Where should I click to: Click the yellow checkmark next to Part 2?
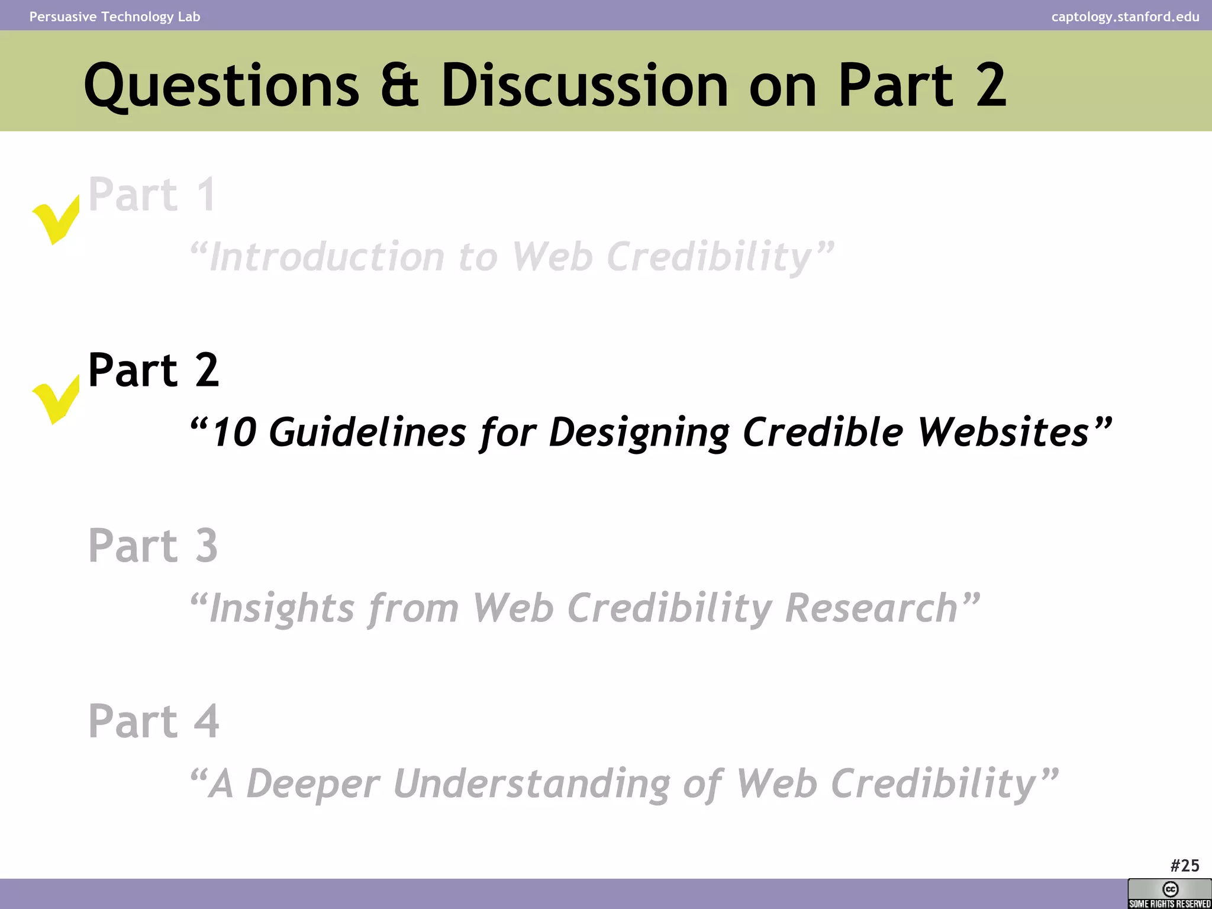pyautogui.click(x=55, y=400)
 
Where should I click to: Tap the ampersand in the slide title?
pyautogui.click(x=399, y=86)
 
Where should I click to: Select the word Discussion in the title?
pyautogui.click(x=584, y=86)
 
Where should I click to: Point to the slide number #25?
pyautogui.click(x=1184, y=866)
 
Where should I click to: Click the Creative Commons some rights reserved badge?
pyautogui.click(x=1169, y=894)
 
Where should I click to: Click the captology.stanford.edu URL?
pyautogui.click(x=1125, y=17)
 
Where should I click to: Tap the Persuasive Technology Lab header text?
pyautogui.click(x=115, y=17)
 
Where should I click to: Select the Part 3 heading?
pyautogui.click(x=153, y=545)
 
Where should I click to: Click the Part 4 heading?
pyautogui.click(x=153, y=721)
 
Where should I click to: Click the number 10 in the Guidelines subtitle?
pyautogui.click(x=234, y=432)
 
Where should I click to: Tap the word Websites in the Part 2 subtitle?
pyautogui.click(x=1003, y=432)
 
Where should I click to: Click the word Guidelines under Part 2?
pyautogui.click(x=367, y=432)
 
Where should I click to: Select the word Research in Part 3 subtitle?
pyautogui.click(x=871, y=608)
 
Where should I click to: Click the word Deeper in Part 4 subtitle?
pyautogui.click(x=312, y=784)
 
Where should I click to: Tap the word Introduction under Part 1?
pyautogui.click(x=327, y=257)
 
